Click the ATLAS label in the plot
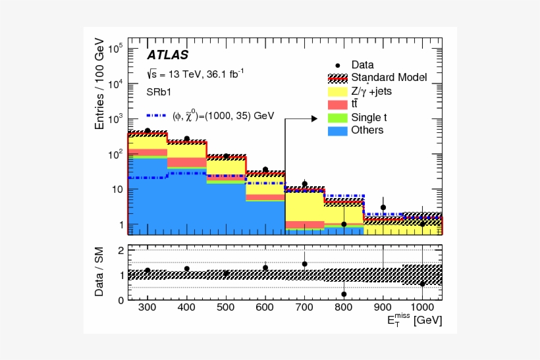pyautogui.click(x=167, y=55)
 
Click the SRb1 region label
pyautogui.click(x=159, y=92)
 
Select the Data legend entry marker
pyautogui.click(x=338, y=65)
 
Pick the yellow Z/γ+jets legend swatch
pyautogui.click(x=338, y=91)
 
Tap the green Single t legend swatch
pyautogui.click(x=338, y=118)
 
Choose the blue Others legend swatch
pyautogui.click(x=338, y=130)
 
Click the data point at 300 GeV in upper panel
pyautogui.click(x=148, y=131)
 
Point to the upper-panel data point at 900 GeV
pyautogui.click(x=383, y=207)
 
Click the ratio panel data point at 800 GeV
pyautogui.click(x=344, y=294)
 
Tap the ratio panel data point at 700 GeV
pyautogui.click(x=304, y=264)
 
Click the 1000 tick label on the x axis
pyautogui.click(x=422, y=307)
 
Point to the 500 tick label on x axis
pyautogui.click(x=226, y=307)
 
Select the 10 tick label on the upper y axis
pyautogui.click(x=117, y=190)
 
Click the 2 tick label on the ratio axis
pyautogui.click(x=121, y=251)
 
